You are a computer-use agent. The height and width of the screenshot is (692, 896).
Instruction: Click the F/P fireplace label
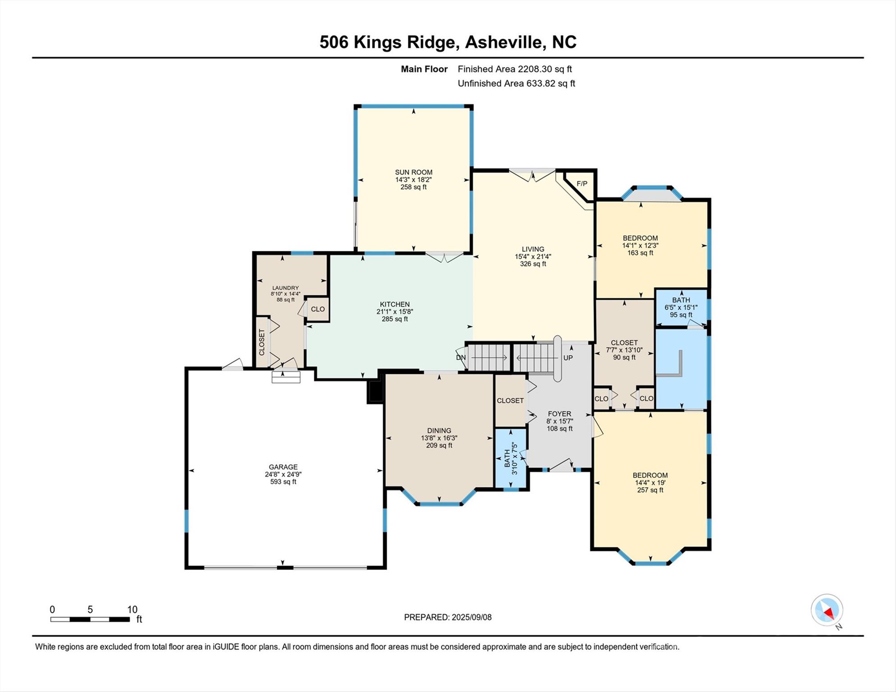tap(582, 184)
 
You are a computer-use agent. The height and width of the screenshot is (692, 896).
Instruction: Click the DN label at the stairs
tap(461, 358)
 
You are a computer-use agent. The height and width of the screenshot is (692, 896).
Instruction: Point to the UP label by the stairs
tap(568, 358)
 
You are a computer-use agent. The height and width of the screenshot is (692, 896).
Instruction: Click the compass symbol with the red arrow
tap(827, 610)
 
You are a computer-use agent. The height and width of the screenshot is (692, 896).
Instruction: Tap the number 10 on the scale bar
tap(132, 610)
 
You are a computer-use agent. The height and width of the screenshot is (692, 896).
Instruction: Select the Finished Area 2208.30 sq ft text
tap(514, 69)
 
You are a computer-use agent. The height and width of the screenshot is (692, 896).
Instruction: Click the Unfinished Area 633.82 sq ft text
tap(516, 83)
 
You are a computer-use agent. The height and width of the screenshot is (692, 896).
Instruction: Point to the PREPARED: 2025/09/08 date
tap(448, 617)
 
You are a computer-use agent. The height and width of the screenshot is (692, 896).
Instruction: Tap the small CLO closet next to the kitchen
tap(318, 309)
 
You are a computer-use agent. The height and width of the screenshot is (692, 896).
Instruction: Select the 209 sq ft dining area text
tap(439, 445)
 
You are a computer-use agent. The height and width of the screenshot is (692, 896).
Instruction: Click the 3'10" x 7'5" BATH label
tap(511, 458)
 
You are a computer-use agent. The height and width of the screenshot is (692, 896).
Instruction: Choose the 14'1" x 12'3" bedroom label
tap(640, 246)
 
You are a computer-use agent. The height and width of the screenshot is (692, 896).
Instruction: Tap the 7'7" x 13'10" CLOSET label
tap(624, 350)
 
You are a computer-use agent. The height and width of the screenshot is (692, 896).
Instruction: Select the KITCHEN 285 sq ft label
tap(394, 311)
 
